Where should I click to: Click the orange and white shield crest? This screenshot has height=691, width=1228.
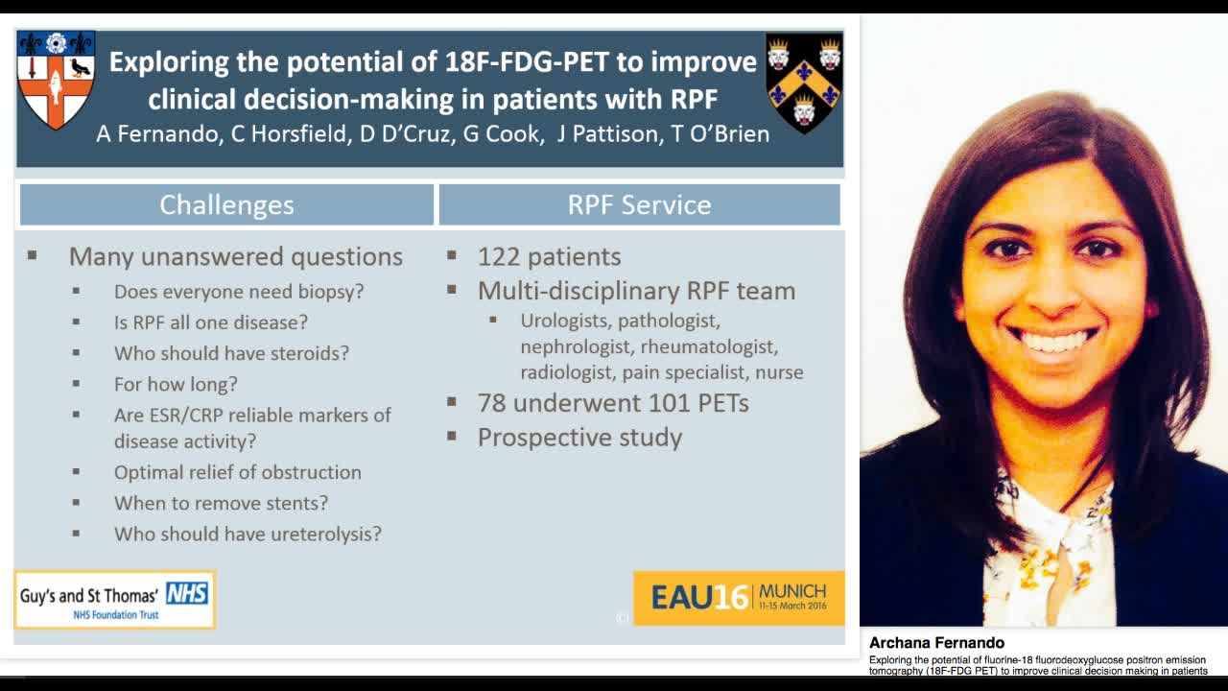tap(56, 80)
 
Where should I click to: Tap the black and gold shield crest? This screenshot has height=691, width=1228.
tap(804, 83)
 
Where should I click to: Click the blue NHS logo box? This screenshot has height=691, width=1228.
tap(187, 593)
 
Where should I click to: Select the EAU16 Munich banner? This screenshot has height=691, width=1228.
tap(739, 598)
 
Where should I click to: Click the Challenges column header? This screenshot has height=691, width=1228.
tap(226, 204)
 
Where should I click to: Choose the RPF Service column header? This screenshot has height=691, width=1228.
tap(639, 204)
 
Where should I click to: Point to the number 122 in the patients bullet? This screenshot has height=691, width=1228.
tap(498, 256)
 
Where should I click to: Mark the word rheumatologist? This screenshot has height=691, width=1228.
tap(709, 346)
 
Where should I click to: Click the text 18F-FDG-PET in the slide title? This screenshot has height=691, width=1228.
tap(527, 61)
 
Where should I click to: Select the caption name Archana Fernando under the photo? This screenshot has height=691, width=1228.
tap(937, 643)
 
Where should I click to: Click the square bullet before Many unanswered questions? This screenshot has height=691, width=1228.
tap(33, 255)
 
